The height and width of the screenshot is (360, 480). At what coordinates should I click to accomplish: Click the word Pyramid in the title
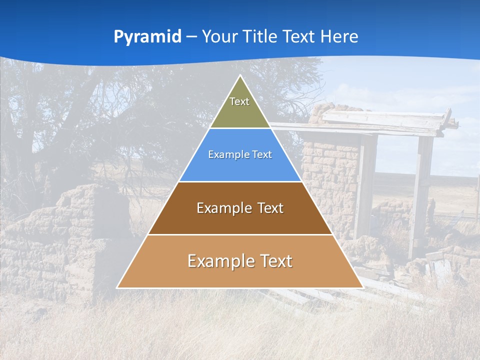pyautogui.click(x=147, y=37)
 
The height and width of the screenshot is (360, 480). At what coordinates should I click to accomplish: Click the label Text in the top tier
pyautogui.click(x=239, y=101)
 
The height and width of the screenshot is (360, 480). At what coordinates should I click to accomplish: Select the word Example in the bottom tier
pyautogui.click(x=220, y=261)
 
